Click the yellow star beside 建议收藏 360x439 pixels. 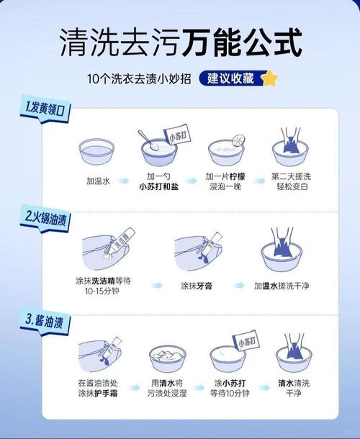point(270,78)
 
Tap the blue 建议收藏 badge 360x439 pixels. point(233,78)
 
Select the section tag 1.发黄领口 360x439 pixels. point(45,109)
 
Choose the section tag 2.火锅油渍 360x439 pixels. point(45,218)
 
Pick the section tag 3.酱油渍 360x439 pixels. point(45,322)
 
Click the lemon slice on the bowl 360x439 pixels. point(238,140)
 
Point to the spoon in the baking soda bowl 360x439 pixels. point(149,140)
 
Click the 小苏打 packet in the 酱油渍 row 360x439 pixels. point(246,342)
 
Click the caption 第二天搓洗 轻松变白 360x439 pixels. point(292,181)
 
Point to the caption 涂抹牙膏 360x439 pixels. point(197,286)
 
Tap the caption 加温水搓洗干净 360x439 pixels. point(282,286)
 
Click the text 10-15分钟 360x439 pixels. point(102,291)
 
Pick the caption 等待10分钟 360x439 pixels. point(230,393)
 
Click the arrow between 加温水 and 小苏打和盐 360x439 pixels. point(123,181)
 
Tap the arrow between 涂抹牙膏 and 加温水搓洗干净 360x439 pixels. point(239,285)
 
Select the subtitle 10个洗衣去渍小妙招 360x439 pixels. point(139,78)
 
